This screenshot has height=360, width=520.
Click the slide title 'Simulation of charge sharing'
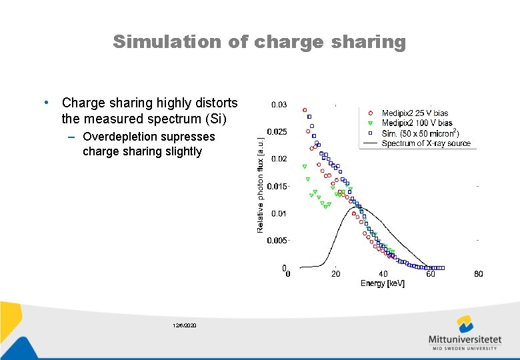(259, 42)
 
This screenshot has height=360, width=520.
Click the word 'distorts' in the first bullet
(213, 103)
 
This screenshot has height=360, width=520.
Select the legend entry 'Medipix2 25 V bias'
(424, 113)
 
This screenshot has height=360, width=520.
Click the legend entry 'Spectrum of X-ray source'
(426, 143)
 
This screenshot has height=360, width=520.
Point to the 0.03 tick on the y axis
(279, 105)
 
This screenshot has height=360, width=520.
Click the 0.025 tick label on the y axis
(277, 132)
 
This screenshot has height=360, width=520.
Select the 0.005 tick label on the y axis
(277, 240)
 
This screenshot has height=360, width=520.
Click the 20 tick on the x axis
(336, 274)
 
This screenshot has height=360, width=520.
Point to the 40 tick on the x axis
(383, 274)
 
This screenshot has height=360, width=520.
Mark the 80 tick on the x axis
(478, 274)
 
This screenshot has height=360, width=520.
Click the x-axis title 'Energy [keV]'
(383, 283)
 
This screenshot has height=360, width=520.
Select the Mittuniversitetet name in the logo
(465, 339)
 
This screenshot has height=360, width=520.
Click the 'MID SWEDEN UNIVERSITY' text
(465, 348)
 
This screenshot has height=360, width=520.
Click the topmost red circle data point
(305, 110)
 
